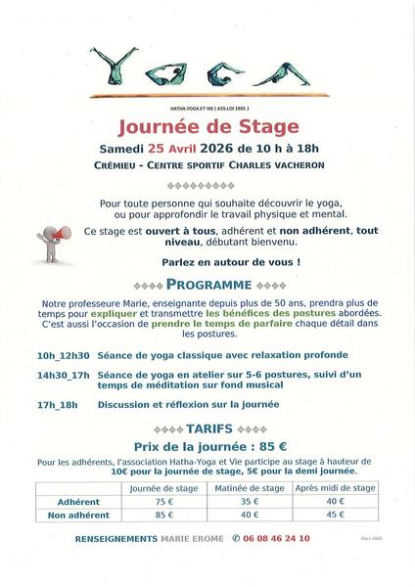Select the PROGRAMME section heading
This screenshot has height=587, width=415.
click(207, 284)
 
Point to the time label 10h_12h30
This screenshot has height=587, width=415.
click(61, 355)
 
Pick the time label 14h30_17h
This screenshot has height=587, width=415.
click(63, 375)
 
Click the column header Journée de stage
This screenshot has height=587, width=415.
click(160, 486)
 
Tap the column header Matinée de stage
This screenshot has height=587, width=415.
click(252, 486)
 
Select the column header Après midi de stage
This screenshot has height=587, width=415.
click(336, 486)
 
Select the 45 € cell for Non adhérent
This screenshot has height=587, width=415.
click(336, 515)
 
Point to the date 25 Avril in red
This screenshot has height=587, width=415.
click(173, 148)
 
